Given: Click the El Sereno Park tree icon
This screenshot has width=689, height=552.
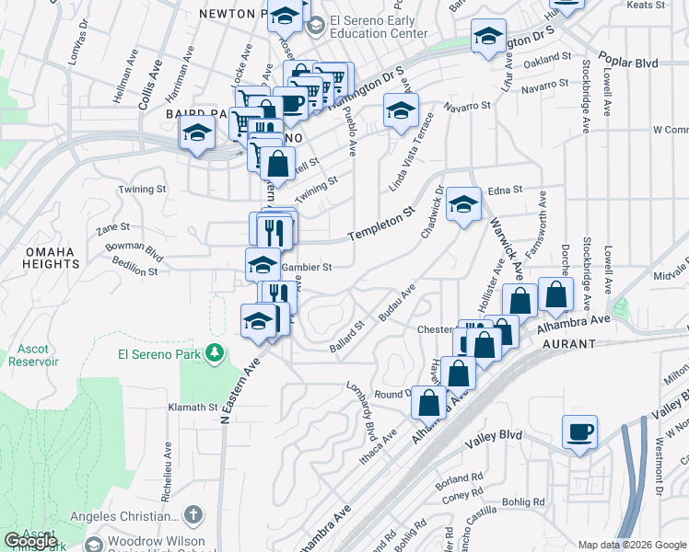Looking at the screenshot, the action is [x=215, y=352].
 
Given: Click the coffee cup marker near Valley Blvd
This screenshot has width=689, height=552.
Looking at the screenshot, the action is [x=579, y=433].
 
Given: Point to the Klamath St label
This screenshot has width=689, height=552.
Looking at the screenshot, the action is [x=192, y=407].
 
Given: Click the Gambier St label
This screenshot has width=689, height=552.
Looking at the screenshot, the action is [x=305, y=268].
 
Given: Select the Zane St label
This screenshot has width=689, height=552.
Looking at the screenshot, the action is [x=112, y=226].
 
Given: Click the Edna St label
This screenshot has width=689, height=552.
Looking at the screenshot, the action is [x=505, y=190].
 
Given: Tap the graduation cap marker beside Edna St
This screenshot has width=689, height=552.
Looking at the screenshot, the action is [x=463, y=205].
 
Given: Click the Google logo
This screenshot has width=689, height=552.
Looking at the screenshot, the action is [x=30, y=541].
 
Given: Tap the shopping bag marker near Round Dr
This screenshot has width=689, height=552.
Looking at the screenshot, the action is [x=428, y=402].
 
